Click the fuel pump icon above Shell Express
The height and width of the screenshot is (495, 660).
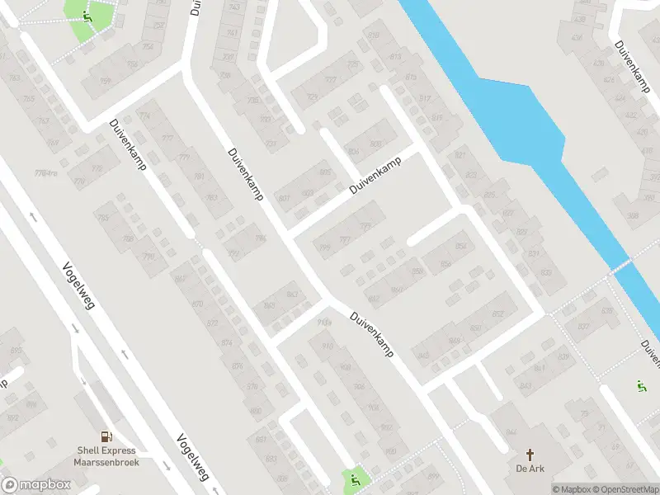pos(106,436)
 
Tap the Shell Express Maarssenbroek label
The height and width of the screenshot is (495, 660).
pos(108,456)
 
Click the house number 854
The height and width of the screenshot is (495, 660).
pos(446,262)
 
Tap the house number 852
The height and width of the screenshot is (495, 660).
pos(460,245)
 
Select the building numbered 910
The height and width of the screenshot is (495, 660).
pos(328,346)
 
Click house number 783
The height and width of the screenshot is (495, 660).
pos(211,196)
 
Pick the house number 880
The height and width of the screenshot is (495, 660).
pos(255,410)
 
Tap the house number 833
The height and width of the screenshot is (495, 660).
pos(545,271)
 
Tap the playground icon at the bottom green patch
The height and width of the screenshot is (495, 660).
pos(356,480)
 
